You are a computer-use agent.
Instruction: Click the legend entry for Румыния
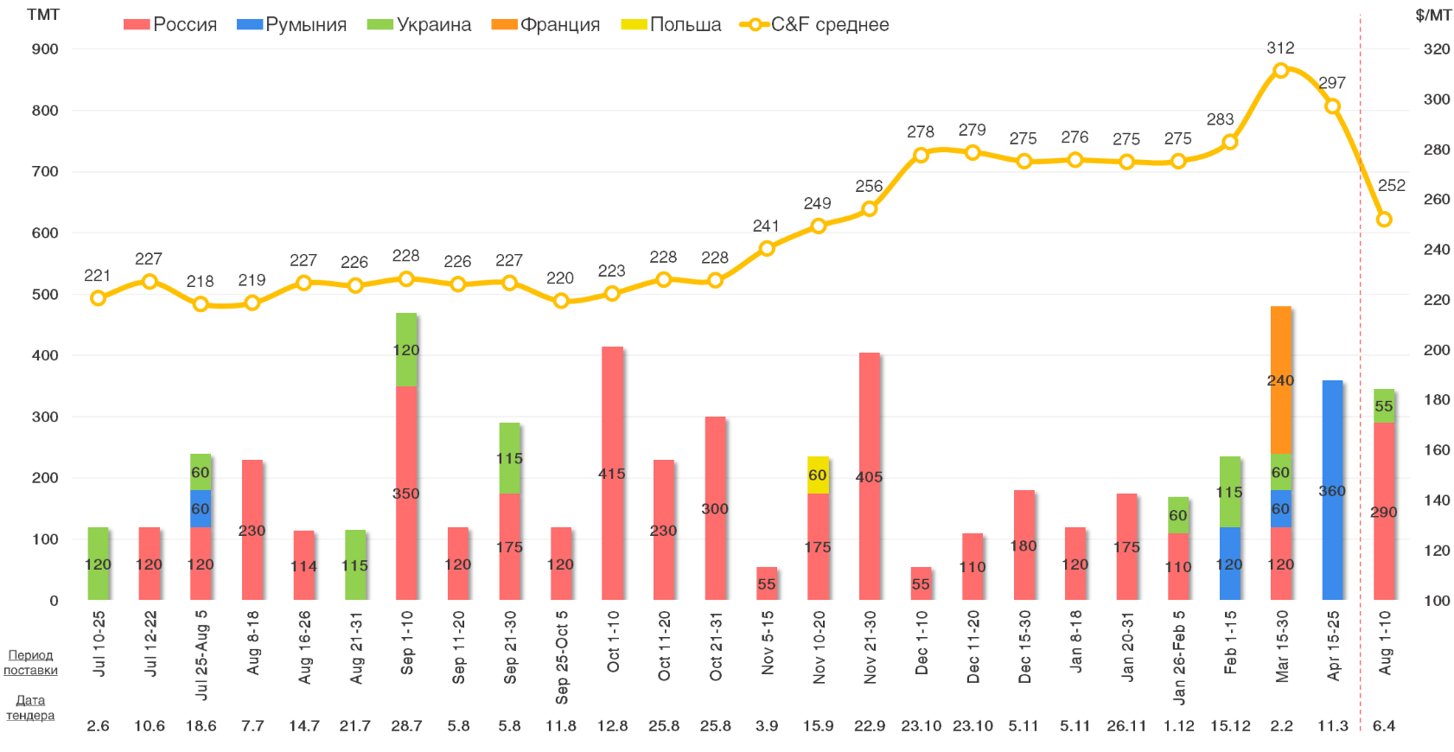pyautogui.click(x=292, y=24)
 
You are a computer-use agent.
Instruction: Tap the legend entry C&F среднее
pyautogui.click(x=814, y=24)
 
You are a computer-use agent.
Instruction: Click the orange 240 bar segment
pyautogui.click(x=1280, y=380)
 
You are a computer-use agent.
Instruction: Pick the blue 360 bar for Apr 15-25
pyautogui.click(x=1332, y=490)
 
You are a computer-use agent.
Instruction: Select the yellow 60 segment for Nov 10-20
pyautogui.click(x=818, y=475)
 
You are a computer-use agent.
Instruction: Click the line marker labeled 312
pyautogui.click(x=1281, y=70)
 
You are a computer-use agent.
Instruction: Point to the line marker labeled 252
pyautogui.click(x=1384, y=220)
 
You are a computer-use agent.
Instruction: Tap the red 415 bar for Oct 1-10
pyautogui.click(x=612, y=473)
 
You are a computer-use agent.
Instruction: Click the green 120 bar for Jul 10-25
pyautogui.click(x=98, y=564)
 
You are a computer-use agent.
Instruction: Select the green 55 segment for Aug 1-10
pyautogui.click(x=1384, y=405)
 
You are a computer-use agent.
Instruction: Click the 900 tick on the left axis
pyautogui.click(x=45, y=49)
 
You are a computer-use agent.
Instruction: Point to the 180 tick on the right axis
pyautogui.click(x=1436, y=399)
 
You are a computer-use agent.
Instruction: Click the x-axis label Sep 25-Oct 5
pyautogui.click(x=561, y=657)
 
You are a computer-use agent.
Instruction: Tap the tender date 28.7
pyautogui.click(x=406, y=725)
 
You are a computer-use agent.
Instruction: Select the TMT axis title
pyautogui.click(x=43, y=15)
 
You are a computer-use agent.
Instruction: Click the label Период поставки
pyautogui.click(x=30, y=662)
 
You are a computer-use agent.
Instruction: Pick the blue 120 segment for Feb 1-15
pyautogui.click(x=1229, y=564)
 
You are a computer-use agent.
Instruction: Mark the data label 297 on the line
pyautogui.click(x=1331, y=83)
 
